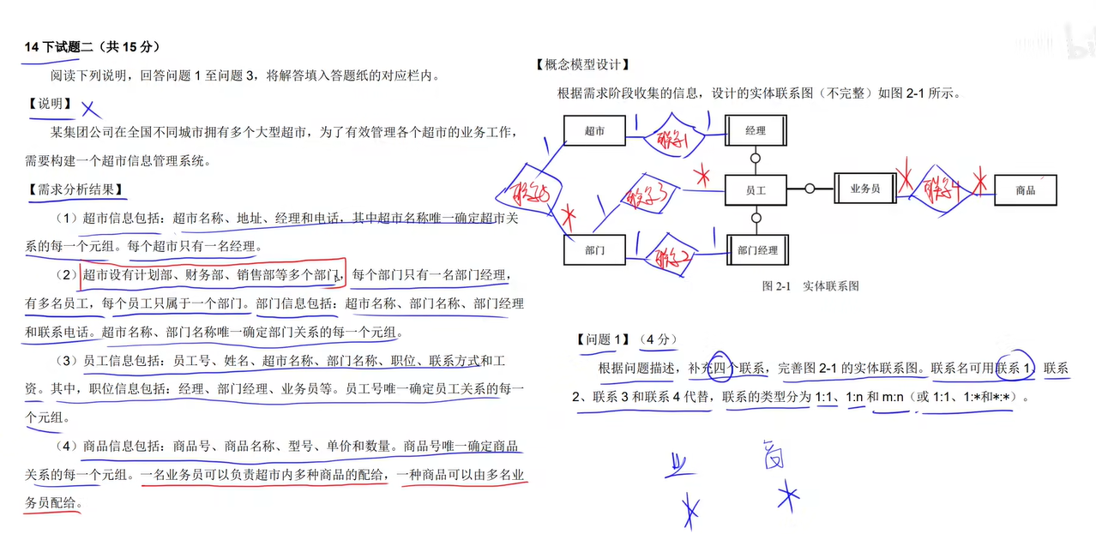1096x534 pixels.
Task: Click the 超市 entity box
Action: pos(594,131)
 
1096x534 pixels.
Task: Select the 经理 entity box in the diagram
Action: pos(756,131)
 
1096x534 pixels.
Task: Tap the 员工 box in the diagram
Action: pos(756,190)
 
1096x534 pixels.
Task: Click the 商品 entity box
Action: pos(1025,190)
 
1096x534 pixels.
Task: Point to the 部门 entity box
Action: pos(594,250)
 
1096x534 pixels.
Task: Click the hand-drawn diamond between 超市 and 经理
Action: pos(672,137)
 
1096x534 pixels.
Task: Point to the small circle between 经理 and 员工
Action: pos(756,159)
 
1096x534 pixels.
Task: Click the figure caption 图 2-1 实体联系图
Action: pos(810,286)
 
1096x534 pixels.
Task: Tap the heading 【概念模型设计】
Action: pos(582,64)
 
